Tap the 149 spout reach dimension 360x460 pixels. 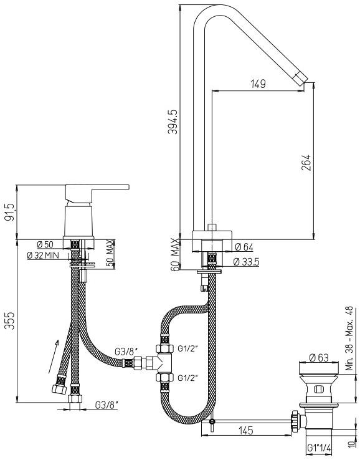click(258, 84)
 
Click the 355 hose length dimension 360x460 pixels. click(11, 320)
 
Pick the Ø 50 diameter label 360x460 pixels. click(45, 244)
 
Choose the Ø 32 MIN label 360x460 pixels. click(43, 255)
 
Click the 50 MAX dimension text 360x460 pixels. click(110, 253)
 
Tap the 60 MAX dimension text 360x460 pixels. click(174, 254)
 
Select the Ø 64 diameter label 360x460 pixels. click(244, 247)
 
